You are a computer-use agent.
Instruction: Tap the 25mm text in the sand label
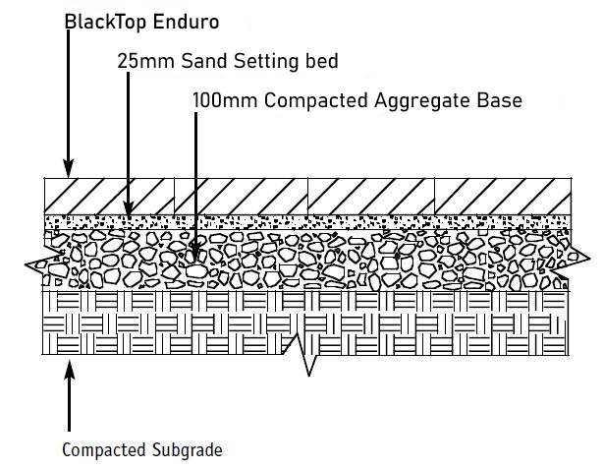[x=140, y=61]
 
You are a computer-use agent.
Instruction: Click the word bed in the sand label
[x=321, y=61]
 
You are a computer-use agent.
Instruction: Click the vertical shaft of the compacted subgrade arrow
[x=69, y=403]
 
